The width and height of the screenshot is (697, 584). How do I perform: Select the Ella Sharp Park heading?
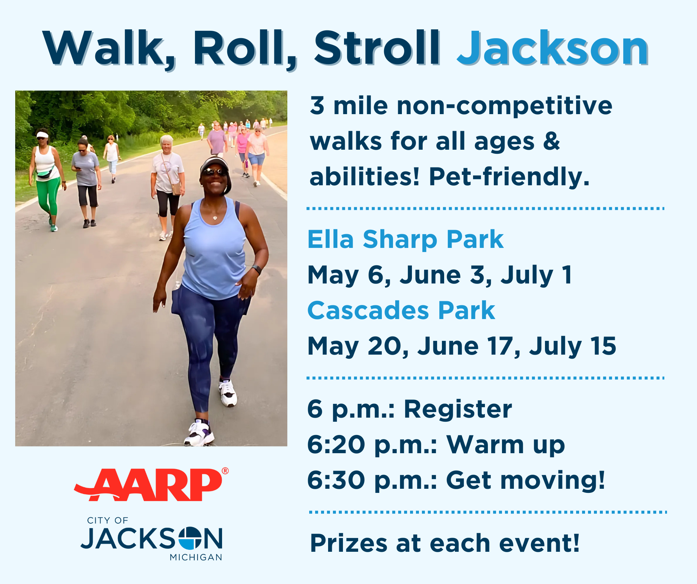click(x=405, y=239)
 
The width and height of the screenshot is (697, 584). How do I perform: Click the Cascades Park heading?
click(x=401, y=311)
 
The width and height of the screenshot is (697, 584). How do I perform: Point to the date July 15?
click(x=572, y=346)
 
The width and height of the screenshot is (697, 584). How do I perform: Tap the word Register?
click(x=457, y=409)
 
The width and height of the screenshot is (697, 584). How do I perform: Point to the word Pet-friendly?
click(x=509, y=176)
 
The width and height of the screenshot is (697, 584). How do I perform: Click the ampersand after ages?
click(x=552, y=141)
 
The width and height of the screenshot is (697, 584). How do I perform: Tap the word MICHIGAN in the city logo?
click(x=196, y=557)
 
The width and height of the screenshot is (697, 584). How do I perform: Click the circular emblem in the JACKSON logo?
click(x=190, y=538)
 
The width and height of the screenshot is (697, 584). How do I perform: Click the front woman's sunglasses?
click(x=214, y=172)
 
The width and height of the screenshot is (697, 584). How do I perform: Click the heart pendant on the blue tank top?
click(x=215, y=218)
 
